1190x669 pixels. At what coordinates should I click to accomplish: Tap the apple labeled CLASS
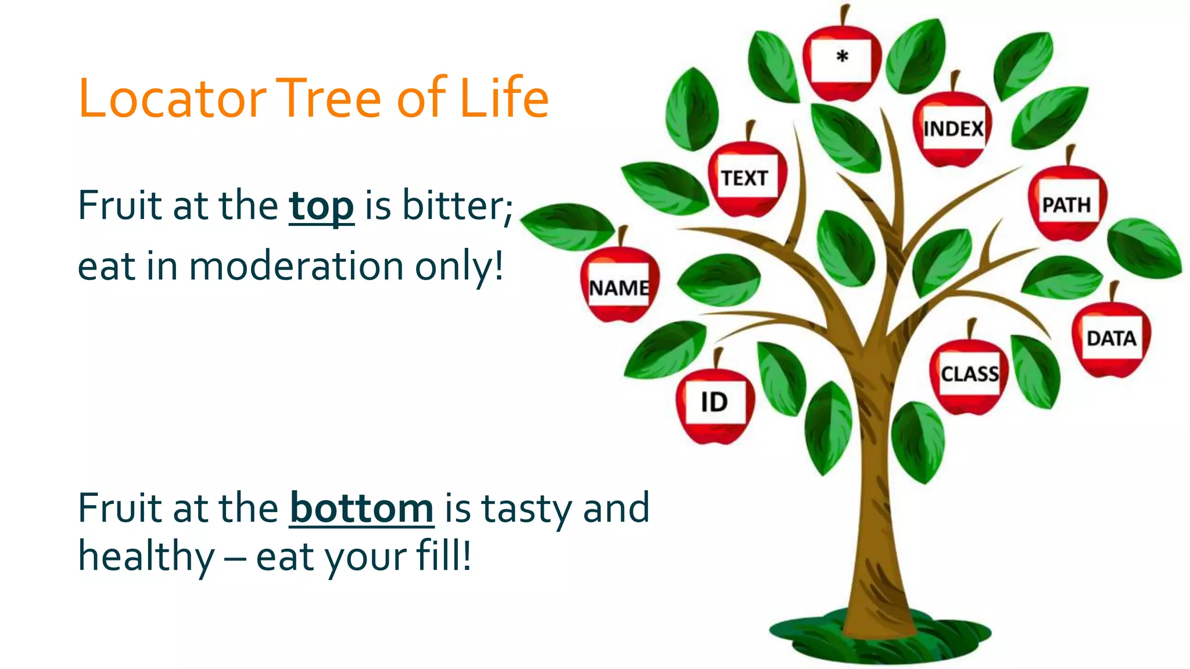(x=969, y=375)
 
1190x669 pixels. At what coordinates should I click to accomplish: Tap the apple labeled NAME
(x=619, y=288)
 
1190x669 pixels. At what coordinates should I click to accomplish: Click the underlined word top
(x=321, y=206)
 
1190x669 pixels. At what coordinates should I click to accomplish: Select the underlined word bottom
(x=361, y=508)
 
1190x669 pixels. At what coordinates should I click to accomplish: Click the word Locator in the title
(x=172, y=99)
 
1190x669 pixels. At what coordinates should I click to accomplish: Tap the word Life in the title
(x=503, y=99)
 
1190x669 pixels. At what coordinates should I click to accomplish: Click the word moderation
(x=296, y=267)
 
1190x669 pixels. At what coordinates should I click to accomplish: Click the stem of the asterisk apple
(x=844, y=16)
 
